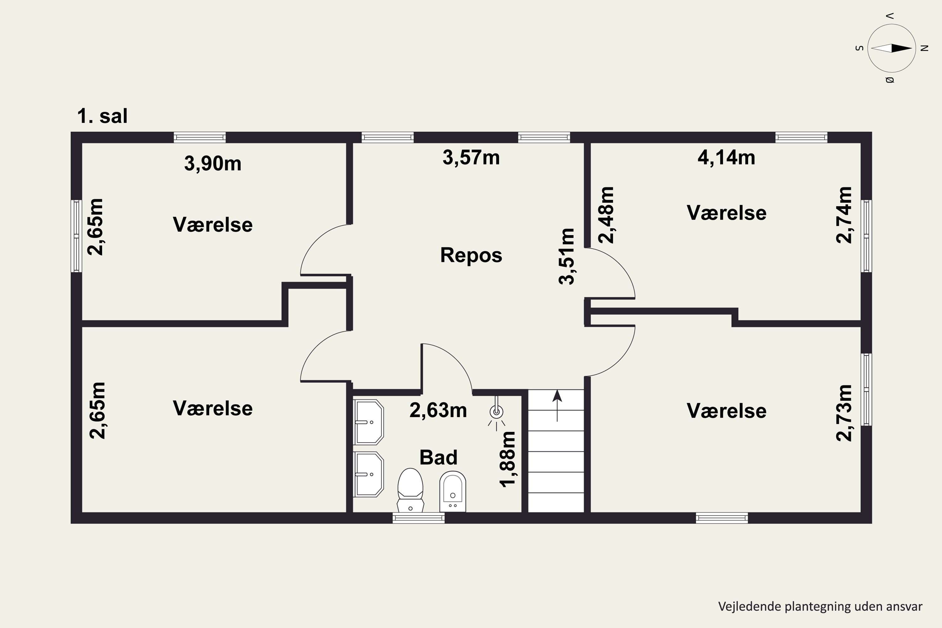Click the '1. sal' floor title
[x=102, y=116]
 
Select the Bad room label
[x=438, y=457]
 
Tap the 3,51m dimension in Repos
[x=567, y=256]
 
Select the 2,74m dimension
[x=844, y=215]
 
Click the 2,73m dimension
[x=844, y=413]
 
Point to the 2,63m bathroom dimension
[x=438, y=410]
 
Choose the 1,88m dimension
[x=507, y=459]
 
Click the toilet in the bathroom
[x=410, y=490]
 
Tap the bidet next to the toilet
[x=452, y=491]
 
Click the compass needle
[x=891, y=48]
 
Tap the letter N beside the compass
[x=924, y=48]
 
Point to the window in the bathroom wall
[x=419, y=518]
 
